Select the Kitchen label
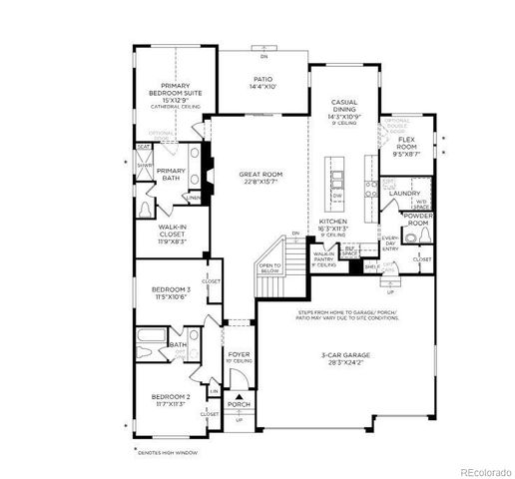(x=332, y=221)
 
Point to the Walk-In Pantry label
(x=324, y=257)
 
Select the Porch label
(x=238, y=404)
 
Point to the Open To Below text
(x=269, y=268)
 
